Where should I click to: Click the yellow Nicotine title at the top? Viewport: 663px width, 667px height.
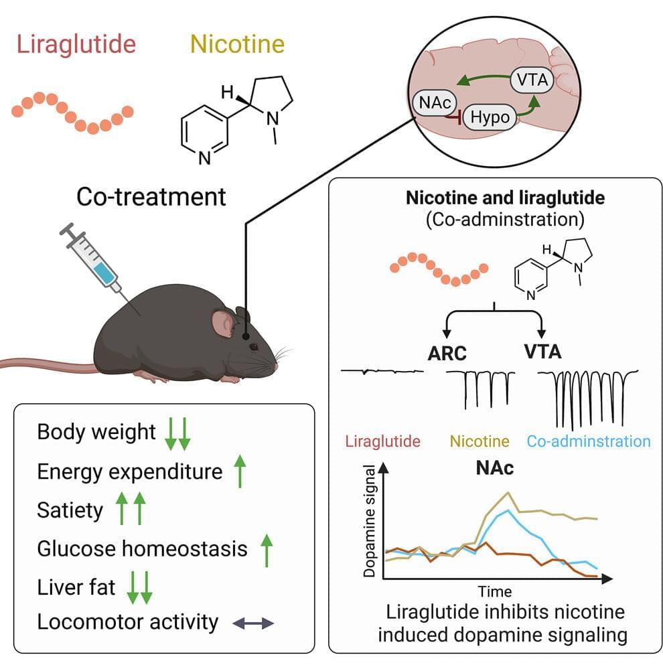[x=237, y=45]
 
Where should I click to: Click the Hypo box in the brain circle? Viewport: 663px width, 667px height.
[x=489, y=117]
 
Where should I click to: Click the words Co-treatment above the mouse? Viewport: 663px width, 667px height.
[x=151, y=197]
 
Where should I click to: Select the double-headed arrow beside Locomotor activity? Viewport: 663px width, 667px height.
[x=253, y=623]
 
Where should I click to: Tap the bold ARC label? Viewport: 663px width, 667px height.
[x=447, y=353]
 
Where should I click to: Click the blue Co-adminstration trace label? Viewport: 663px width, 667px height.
[x=588, y=442]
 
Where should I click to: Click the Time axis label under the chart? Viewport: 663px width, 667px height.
[x=495, y=591]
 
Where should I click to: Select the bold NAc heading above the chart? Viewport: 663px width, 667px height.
[x=496, y=468]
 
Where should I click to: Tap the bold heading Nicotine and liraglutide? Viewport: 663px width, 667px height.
[x=496, y=199]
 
